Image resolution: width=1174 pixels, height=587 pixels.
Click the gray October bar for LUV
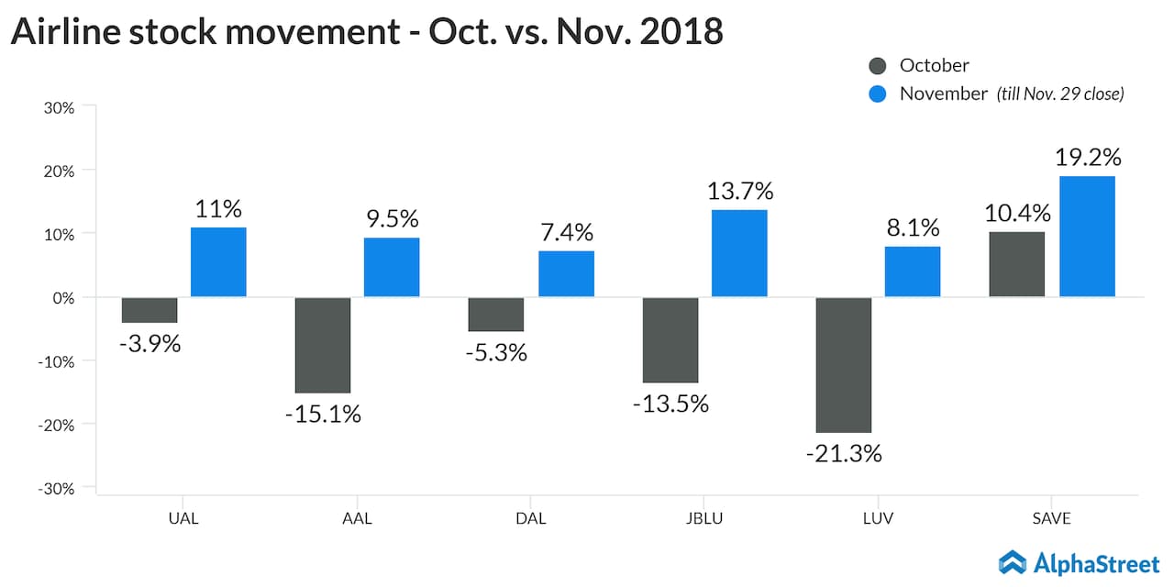843,364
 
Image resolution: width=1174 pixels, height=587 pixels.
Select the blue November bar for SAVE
1087,237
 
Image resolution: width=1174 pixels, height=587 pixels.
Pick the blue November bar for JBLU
739,253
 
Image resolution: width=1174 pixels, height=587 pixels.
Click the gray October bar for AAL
323,345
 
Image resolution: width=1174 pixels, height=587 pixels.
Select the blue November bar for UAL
218,262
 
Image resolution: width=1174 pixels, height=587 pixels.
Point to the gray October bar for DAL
496,314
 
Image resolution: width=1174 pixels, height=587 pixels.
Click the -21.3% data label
844,453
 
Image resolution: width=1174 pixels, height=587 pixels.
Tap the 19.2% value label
1088,157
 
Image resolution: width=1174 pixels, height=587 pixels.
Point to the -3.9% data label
150,344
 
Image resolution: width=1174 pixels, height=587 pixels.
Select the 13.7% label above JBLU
739,192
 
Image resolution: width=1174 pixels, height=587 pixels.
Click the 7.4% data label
566,232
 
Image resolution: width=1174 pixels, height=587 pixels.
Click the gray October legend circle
878,65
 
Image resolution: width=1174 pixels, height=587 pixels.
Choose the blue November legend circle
878,94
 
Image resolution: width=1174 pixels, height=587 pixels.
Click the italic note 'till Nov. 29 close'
1060,94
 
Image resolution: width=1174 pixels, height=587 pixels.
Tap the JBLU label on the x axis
704,518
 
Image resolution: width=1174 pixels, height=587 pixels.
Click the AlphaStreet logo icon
1013,562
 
